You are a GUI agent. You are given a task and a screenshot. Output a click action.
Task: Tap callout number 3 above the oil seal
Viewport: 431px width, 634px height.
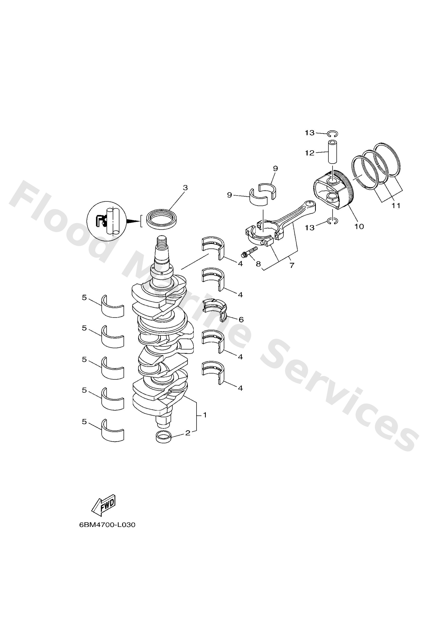point(185,188)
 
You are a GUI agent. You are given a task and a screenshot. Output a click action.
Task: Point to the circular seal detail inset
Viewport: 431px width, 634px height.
point(106,221)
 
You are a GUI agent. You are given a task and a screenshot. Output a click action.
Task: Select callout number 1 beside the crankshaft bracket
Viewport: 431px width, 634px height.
point(204,415)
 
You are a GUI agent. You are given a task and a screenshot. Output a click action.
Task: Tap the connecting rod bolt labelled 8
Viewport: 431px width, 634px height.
point(249,251)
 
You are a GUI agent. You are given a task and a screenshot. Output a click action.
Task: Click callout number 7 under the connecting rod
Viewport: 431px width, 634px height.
point(292,265)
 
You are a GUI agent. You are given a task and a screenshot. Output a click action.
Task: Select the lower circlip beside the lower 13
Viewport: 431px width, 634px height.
point(333,221)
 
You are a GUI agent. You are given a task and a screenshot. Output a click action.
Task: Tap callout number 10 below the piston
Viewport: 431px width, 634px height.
point(359,226)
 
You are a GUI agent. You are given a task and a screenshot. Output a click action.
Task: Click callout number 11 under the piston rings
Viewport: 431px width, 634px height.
point(396,205)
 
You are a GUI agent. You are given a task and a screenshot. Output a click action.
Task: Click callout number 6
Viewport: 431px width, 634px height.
point(241,319)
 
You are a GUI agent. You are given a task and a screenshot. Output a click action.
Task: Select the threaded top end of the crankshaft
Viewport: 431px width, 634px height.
point(162,242)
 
